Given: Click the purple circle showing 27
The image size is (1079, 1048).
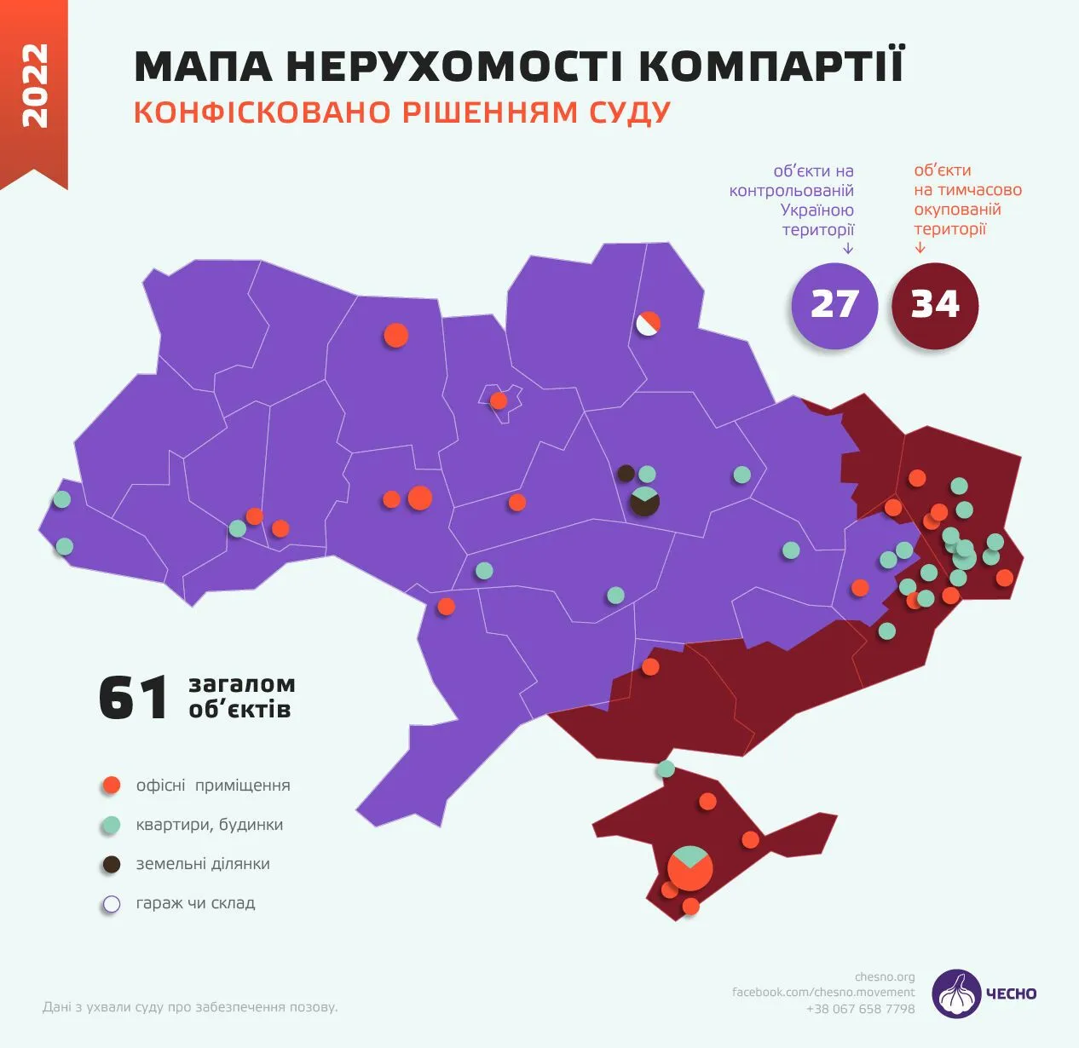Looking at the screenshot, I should (834, 305).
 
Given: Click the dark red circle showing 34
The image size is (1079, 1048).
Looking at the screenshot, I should (935, 305).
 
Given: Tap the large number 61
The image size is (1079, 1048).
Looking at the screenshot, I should (133, 698).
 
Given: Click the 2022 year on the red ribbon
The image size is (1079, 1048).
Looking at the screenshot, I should (34, 86).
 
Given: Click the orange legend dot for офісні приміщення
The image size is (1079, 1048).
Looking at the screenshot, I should (111, 786).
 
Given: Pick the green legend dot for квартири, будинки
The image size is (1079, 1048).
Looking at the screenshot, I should (111, 825).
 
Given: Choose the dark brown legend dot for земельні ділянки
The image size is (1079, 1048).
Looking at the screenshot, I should (111, 864).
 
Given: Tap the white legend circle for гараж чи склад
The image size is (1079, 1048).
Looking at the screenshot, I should (111, 903).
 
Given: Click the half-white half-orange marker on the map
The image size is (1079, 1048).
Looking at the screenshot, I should (648, 324).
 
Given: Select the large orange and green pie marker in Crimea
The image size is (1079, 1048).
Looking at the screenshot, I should (690, 868).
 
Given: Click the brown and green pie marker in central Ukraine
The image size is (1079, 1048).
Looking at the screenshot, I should (644, 501).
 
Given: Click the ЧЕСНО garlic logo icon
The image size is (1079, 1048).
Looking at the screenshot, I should (956, 993).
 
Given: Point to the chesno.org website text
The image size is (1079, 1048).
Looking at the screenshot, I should (885, 976).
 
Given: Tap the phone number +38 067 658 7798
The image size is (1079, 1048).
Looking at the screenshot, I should (860, 1009).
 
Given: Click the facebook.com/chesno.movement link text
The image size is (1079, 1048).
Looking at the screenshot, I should (822, 992).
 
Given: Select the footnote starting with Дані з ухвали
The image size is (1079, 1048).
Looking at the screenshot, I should (190, 1007).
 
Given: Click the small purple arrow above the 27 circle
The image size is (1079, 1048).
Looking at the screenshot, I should (848, 249).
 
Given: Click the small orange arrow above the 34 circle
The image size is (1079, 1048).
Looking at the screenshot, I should (920, 248).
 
